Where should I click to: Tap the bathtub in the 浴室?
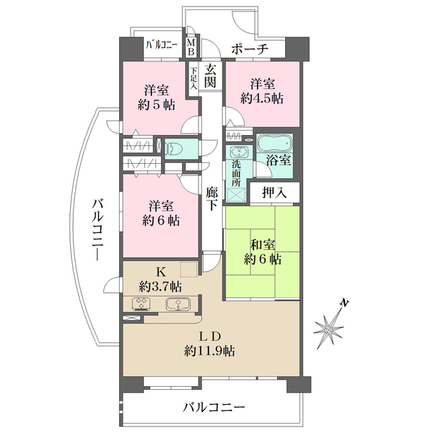[274, 143]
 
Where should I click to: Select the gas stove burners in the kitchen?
[141, 303]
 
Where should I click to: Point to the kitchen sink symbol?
[178, 304]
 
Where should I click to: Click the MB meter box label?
[191, 47]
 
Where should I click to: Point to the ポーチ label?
[250, 49]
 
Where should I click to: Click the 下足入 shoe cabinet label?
[193, 78]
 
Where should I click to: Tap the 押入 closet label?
[274, 193]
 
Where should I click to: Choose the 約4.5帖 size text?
[262, 98]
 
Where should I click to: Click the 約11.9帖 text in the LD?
[209, 351]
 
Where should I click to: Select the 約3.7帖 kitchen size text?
[160, 287]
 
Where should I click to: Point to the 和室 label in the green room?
[263, 245]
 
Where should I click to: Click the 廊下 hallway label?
[211, 199]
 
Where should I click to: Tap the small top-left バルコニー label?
[162, 44]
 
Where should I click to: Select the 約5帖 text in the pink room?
[157, 105]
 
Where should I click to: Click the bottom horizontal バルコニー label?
[214, 407]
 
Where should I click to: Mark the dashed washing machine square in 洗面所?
[236, 196]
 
